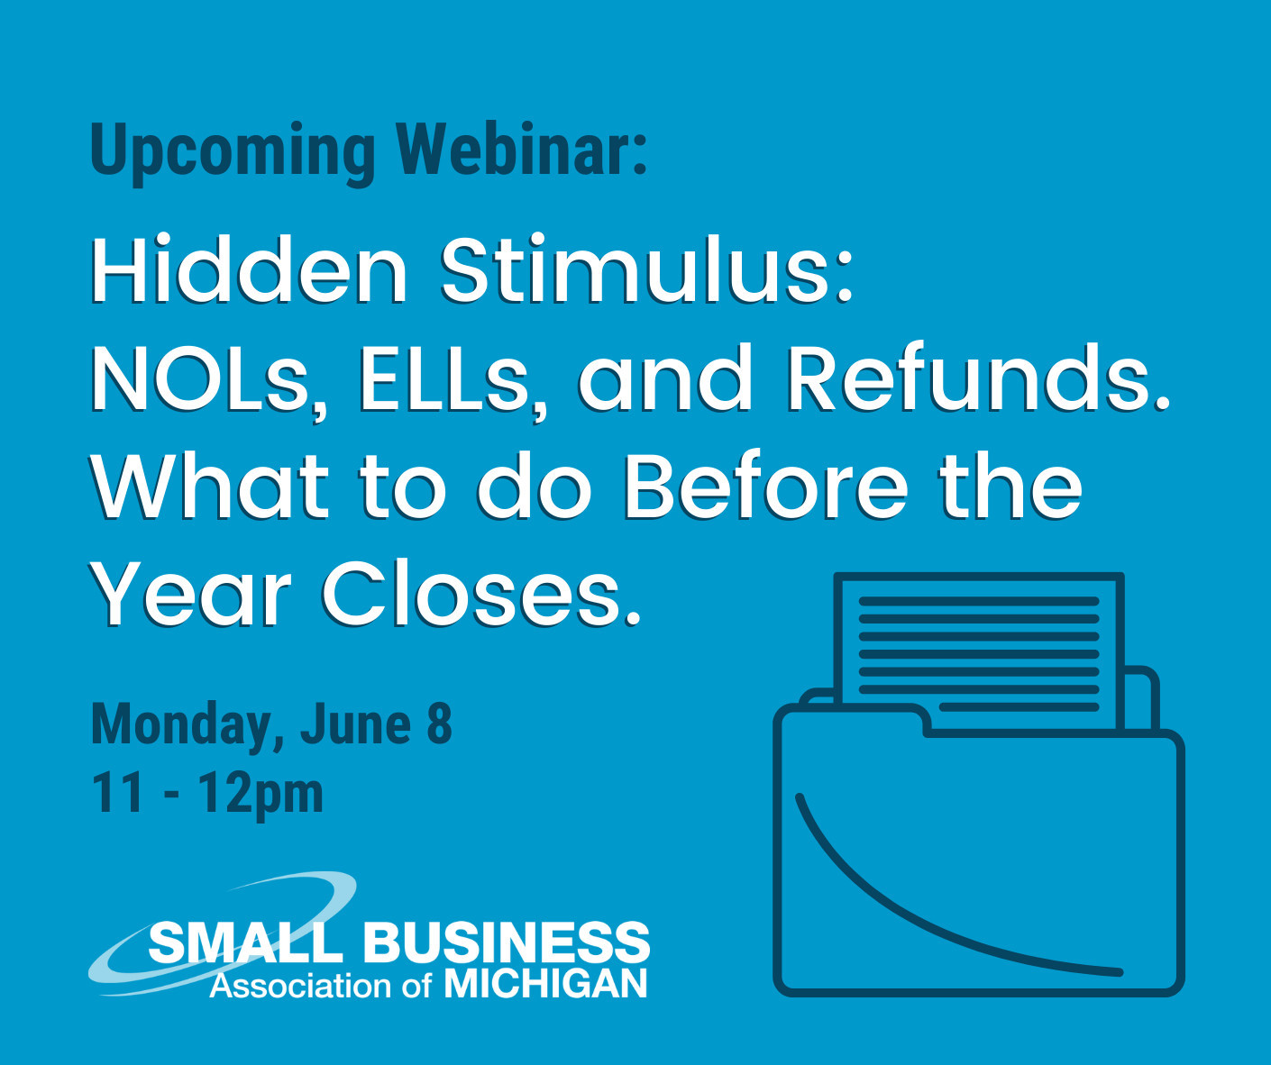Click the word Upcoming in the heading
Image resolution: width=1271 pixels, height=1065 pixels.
pos(233,153)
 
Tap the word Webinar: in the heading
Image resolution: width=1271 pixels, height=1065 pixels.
pos(522,149)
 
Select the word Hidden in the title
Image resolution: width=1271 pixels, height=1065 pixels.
pos(249,270)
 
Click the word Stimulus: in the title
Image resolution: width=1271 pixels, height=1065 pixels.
pos(647,270)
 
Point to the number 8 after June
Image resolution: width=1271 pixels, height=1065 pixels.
pos(440,724)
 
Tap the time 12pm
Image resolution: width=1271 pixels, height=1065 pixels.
pos(262,795)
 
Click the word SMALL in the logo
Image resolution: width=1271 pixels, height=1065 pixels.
pos(246,942)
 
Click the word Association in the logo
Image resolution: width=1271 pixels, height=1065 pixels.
pos(299,986)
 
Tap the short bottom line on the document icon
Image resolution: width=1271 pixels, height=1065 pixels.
pos(1019,707)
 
